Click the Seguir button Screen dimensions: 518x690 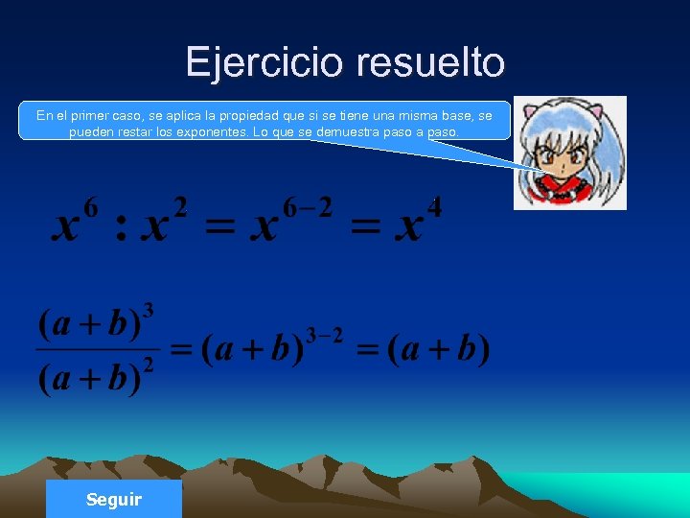coord(113,500)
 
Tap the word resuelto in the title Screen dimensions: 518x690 coord(430,62)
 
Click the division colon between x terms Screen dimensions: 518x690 coord(122,228)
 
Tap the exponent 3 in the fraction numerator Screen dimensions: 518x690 coord(149,313)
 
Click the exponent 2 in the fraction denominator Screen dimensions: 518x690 coord(149,365)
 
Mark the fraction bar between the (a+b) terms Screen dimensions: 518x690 coord(96,351)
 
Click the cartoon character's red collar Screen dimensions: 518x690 coord(561,183)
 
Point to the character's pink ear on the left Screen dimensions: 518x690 coord(530,111)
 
